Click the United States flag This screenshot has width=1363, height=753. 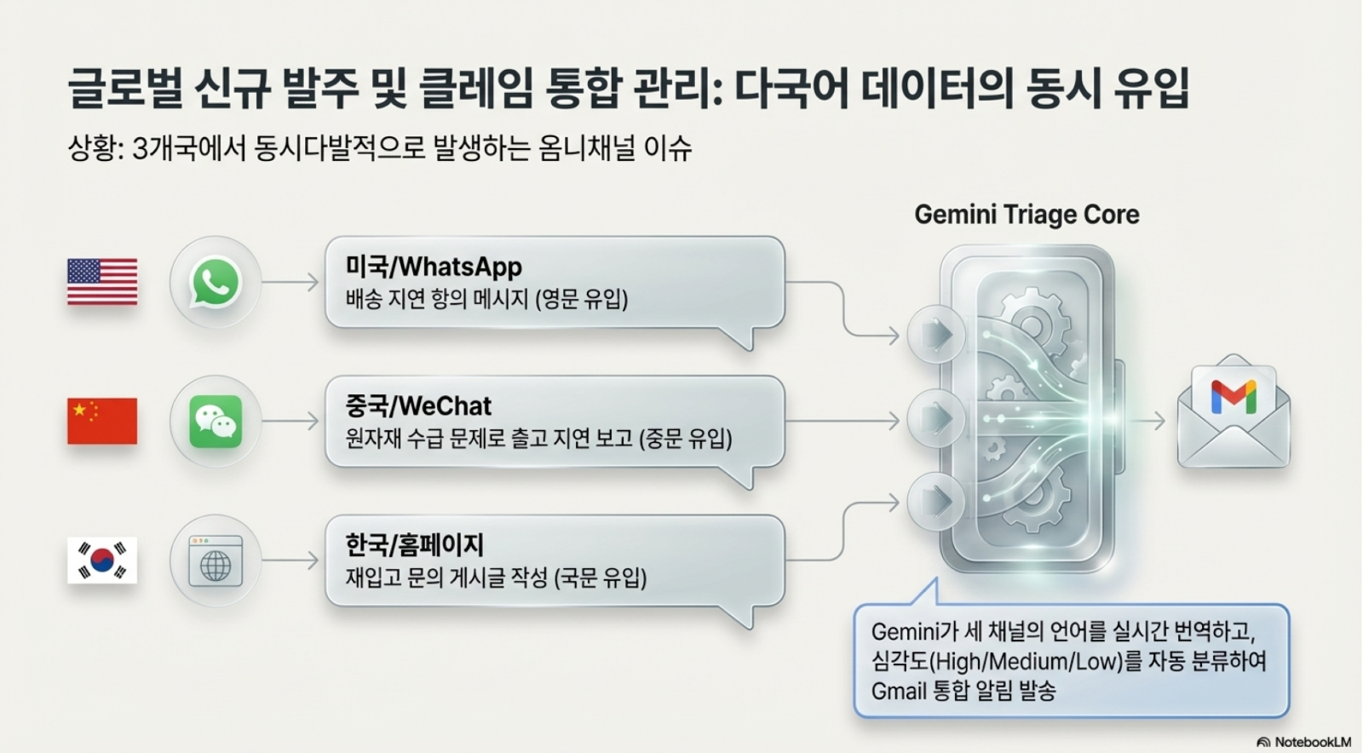point(102,282)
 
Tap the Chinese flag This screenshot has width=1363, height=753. point(102,421)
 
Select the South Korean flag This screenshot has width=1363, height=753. point(102,560)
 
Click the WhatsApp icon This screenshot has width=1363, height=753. point(215,282)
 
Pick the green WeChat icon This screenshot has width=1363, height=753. point(215,421)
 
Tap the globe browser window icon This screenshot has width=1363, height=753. point(215,561)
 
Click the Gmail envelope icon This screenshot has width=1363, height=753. point(1234,413)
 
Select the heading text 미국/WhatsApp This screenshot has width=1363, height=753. point(434,267)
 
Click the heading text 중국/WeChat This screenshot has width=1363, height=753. point(418,405)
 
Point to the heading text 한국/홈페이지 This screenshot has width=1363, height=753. point(415,545)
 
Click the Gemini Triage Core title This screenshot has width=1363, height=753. point(1027,215)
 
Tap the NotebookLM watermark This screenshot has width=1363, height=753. point(1304,742)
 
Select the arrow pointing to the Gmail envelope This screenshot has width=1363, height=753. point(1151,420)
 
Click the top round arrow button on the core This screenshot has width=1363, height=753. point(936,334)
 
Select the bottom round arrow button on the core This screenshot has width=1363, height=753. point(936,501)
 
